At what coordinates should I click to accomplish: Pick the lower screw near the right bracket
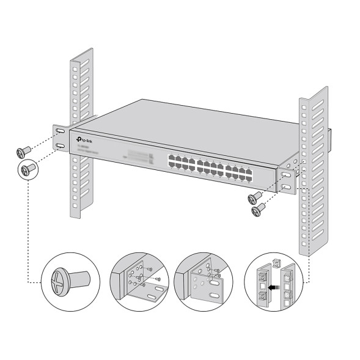click(x=259, y=208)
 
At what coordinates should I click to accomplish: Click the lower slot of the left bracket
click(x=61, y=145)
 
